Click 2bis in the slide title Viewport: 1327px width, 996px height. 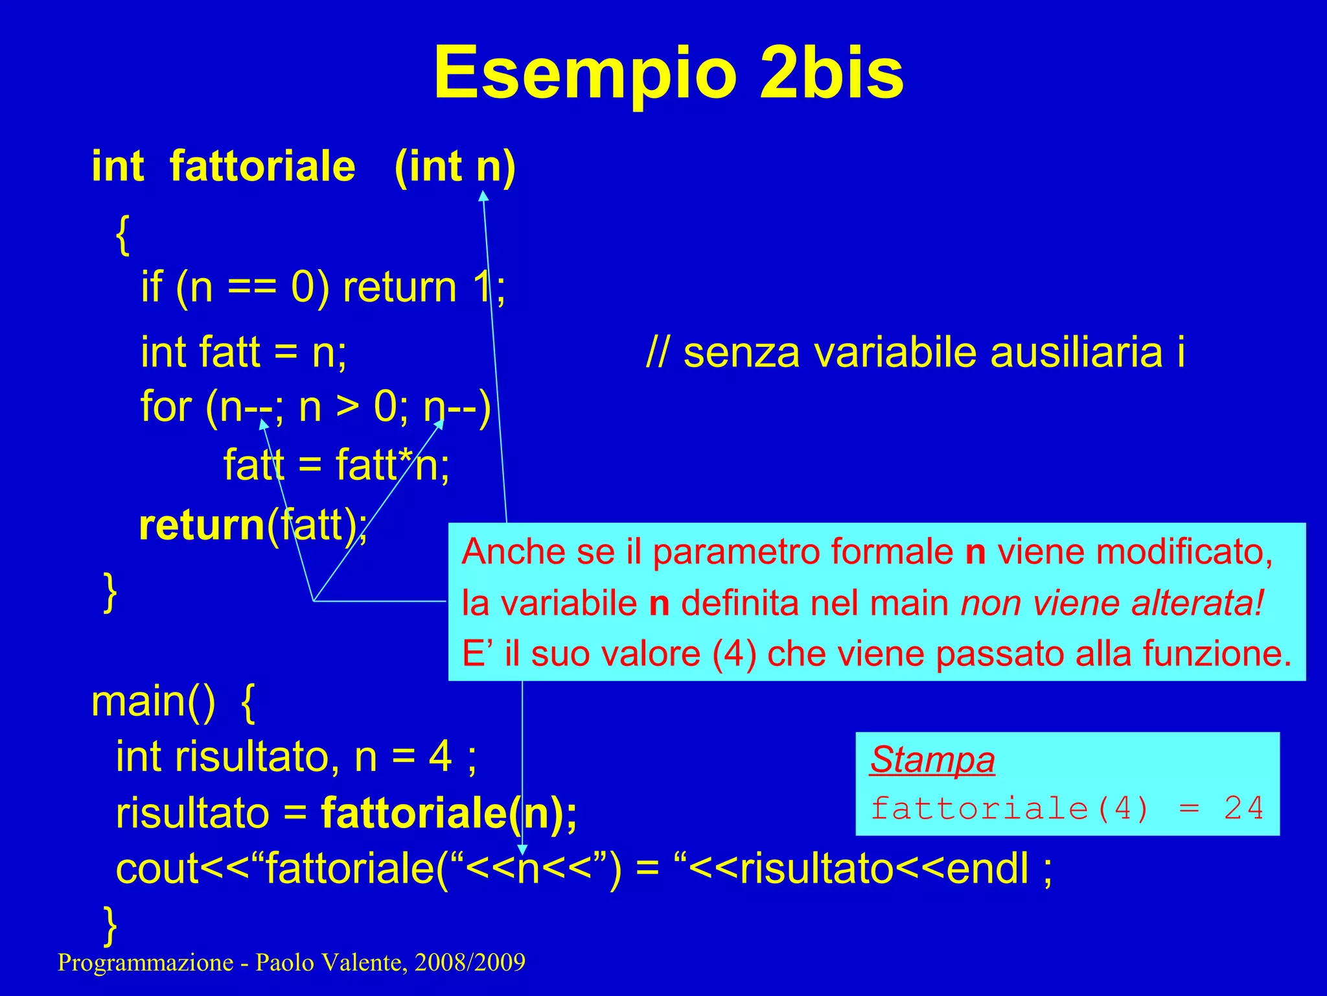click(x=831, y=73)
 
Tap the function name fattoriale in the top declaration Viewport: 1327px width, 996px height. click(x=262, y=166)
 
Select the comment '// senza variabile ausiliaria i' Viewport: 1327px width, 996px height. click(x=916, y=353)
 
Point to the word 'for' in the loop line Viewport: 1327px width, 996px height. click(x=166, y=407)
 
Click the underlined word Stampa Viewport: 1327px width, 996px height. click(x=932, y=759)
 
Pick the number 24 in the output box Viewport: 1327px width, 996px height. click(x=1243, y=809)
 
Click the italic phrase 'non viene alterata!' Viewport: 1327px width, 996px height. click(x=1112, y=602)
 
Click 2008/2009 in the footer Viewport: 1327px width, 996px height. click(x=470, y=962)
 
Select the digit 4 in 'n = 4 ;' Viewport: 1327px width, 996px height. click(x=441, y=756)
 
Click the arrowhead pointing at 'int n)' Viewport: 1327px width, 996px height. click(x=483, y=195)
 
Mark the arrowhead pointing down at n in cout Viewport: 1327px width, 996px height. click(x=522, y=850)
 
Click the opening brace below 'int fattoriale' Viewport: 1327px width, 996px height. click(x=123, y=235)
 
